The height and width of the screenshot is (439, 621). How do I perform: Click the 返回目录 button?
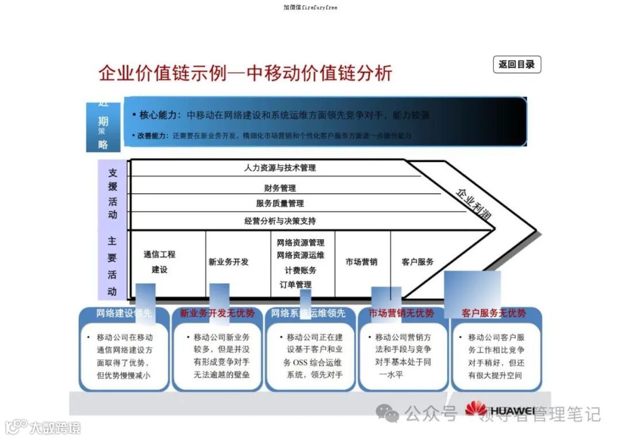pos(516,64)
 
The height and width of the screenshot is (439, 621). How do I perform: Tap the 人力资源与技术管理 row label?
pos(280,168)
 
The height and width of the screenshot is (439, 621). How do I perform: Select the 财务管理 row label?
pos(280,188)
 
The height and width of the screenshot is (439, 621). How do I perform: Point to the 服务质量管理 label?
pos(280,203)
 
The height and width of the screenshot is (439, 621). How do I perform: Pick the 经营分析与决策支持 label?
pos(280,221)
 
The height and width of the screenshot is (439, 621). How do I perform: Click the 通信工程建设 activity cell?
pos(159,262)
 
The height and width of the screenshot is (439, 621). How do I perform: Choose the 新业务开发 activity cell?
pos(228,262)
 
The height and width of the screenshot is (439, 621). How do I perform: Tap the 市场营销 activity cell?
pos(362,262)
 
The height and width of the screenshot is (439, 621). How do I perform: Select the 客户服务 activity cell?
pos(417,262)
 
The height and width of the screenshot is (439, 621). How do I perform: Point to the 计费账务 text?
pos(300,270)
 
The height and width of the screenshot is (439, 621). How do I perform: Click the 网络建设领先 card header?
pos(124,314)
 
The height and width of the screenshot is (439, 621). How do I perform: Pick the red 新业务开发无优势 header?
pos(217,314)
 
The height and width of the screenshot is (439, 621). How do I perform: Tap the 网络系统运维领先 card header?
pos(309,314)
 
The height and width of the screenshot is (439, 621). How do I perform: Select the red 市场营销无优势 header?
pos(401,314)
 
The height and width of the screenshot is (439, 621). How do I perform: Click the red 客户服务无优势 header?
pos(493,314)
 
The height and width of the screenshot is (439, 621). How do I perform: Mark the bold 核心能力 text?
pos(160,115)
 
